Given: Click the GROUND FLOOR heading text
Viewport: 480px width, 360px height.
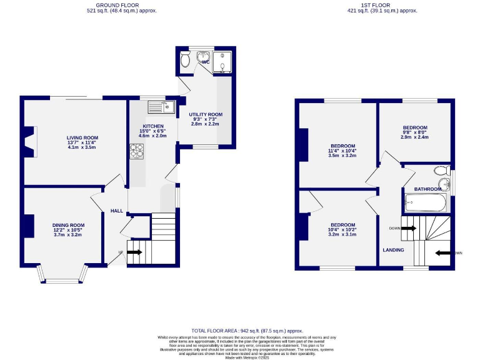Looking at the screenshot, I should tap(121, 4).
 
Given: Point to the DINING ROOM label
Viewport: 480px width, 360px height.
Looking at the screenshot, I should tap(68, 225).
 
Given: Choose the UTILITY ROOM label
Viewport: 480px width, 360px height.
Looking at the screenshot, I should tap(206, 115).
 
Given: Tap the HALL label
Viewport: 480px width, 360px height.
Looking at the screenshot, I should tap(117, 211).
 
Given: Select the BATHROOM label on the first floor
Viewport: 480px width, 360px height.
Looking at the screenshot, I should tap(428, 189).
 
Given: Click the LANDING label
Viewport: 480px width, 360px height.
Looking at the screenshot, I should tap(393, 250).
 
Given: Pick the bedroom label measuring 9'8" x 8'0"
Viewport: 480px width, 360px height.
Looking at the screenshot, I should tap(414, 127).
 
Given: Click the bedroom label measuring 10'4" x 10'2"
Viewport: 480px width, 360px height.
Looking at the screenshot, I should tap(342, 225).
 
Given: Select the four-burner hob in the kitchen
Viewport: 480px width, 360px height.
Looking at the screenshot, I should tap(136, 151).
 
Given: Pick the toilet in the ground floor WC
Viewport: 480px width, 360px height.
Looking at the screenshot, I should tap(185, 60).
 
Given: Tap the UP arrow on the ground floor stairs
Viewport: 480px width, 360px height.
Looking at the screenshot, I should tap(134, 252).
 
